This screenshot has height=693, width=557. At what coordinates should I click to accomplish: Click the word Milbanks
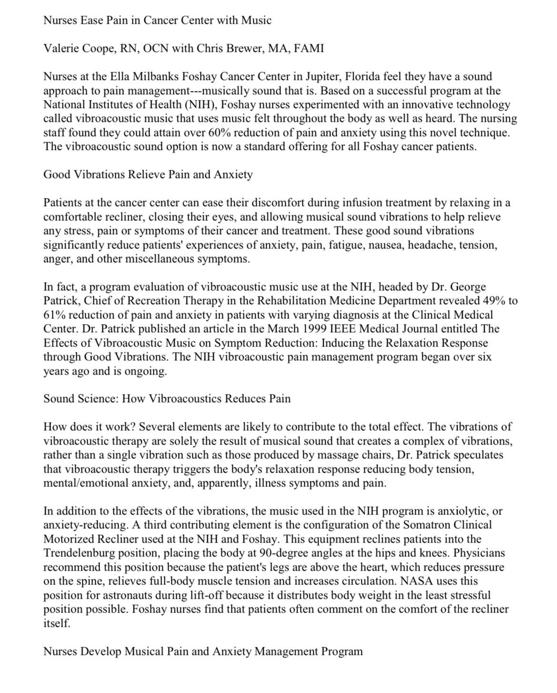[x=157, y=76]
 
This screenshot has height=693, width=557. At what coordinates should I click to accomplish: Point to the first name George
[x=468, y=287]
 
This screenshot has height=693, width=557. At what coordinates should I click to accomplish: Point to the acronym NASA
[x=417, y=581]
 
